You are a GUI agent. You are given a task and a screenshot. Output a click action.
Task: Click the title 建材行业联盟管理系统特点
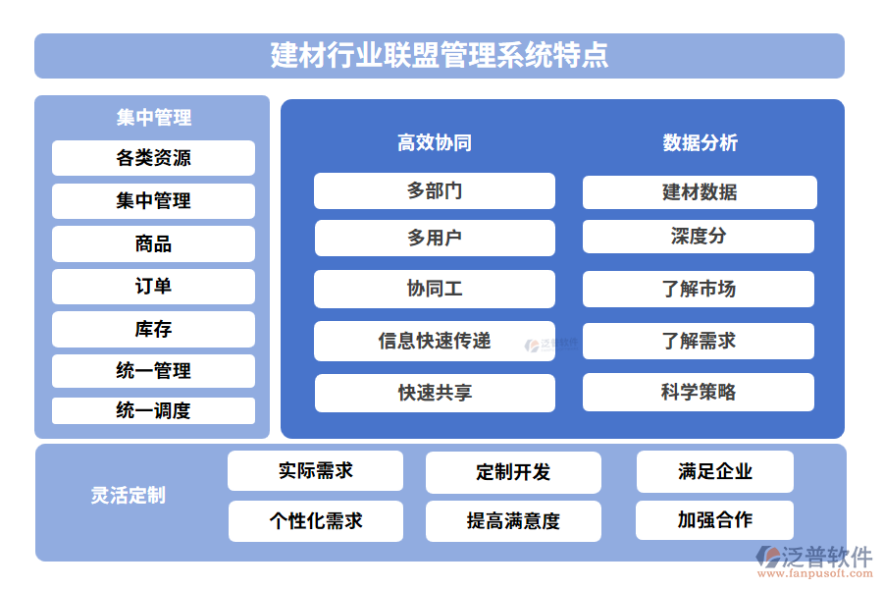440,55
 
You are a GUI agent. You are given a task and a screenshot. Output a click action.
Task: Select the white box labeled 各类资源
153,158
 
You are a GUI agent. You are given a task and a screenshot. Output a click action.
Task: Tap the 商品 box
153,243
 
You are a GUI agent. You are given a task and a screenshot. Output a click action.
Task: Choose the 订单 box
153,287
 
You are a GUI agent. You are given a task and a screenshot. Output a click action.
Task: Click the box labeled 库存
153,329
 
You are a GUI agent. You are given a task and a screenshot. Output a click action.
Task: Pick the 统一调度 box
153,410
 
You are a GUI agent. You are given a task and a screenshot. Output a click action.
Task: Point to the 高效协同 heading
434,142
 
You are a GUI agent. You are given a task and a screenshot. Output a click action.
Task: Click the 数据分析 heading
700,142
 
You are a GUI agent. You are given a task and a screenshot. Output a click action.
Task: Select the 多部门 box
434,190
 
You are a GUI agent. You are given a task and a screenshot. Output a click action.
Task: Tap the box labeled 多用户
434,238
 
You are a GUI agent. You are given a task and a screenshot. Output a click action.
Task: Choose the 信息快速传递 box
434,341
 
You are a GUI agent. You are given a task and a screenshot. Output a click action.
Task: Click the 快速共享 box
434,393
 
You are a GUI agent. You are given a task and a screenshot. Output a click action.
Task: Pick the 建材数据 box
700,192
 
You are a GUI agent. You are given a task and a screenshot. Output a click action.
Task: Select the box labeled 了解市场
699,289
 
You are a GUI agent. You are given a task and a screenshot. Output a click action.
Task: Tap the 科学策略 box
699,392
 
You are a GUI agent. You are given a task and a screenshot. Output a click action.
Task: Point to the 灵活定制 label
128,495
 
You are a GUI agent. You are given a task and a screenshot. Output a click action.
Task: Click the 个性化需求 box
316,521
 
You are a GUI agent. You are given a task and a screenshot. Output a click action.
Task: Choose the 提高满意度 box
513,521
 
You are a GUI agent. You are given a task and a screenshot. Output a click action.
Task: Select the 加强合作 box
714,520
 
